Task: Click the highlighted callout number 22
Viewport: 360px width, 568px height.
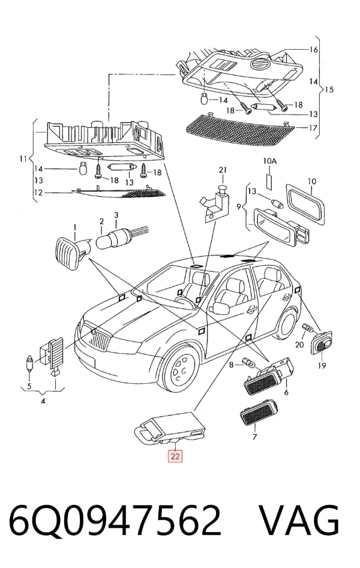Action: click(175, 456)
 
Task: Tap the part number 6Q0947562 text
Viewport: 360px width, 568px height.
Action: click(115, 521)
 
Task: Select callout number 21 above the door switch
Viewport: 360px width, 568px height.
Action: click(222, 170)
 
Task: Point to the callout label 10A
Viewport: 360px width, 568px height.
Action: click(269, 161)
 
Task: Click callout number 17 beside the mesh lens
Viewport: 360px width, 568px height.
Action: click(313, 128)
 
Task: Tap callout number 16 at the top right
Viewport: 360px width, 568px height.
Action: click(313, 50)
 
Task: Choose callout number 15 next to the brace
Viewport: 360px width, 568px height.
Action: click(328, 89)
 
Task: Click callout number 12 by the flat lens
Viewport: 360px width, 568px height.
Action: click(38, 193)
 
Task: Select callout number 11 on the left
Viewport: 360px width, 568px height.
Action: click(23, 159)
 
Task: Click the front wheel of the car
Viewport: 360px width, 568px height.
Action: click(181, 368)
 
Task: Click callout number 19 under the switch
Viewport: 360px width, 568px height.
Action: click(322, 365)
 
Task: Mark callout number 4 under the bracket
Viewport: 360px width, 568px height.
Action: click(43, 401)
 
